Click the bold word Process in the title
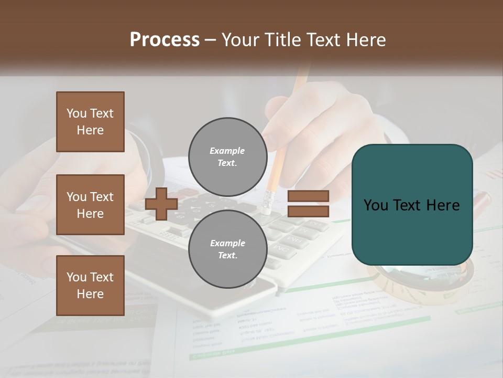coord(165,40)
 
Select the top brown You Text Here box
coord(90,122)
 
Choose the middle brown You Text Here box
coord(90,205)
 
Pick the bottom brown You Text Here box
coord(90,286)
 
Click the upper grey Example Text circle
coord(227,157)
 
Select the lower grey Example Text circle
coord(227,249)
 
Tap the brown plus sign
coord(161,204)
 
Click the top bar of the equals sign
coord(308,196)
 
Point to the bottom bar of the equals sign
coord(308,212)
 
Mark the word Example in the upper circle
coord(227,151)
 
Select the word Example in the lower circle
coord(227,243)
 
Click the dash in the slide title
coord(211,40)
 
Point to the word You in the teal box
coord(376,205)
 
